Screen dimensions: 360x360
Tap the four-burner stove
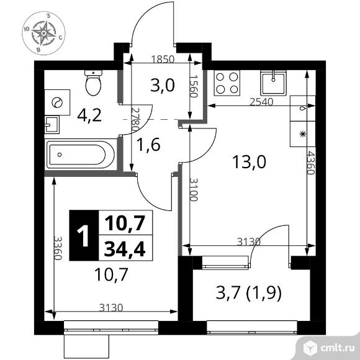[x=227, y=83]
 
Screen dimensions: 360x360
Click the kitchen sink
[x=273, y=83]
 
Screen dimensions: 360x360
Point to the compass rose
[x=43, y=34]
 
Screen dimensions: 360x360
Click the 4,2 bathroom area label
[x=89, y=115]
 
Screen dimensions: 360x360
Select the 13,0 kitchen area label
[x=249, y=161]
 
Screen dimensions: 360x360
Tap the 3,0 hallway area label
[x=163, y=85]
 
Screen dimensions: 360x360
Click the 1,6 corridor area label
[x=148, y=145]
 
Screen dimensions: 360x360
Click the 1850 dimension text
[x=163, y=60]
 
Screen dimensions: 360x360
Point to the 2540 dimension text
[x=261, y=102]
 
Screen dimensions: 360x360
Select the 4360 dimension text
[x=310, y=163]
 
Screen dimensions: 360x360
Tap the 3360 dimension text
[x=58, y=248]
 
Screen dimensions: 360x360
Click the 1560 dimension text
[x=194, y=86]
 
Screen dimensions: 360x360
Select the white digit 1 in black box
[x=83, y=236]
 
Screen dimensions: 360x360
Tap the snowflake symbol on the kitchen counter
[x=303, y=134]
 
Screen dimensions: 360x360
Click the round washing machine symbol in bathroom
[x=57, y=102]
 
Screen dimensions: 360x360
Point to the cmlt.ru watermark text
[x=338, y=349]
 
